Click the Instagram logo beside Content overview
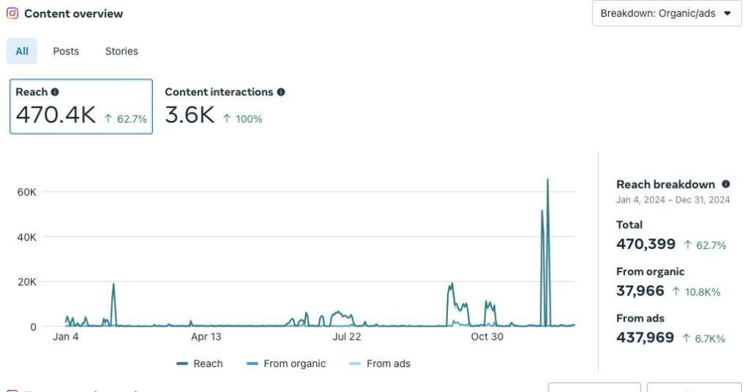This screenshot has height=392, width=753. click(x=13, y=13)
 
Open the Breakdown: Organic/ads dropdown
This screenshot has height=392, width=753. click(x=666, y=13)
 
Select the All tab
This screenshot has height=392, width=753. click(x=22, y=51)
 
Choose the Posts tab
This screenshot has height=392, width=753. click(x=66, y=51)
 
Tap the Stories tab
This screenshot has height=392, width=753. click(x=121, y=51)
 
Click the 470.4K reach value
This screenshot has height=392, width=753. click(x=56, y=115)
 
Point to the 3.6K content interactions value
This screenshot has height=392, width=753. click(x=190, y=115)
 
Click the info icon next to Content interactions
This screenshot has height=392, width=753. click(x=281, y=92)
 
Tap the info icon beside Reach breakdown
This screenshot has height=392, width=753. click(x=726, y=184)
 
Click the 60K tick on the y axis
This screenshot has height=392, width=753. click(x=27, y=192)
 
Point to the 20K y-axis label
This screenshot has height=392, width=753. click(x=27, y=282)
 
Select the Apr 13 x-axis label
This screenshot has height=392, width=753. click(x=206, y=337)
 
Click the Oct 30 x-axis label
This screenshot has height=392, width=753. click(x=487, y=337)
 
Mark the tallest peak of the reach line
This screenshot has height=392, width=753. click(x=547, y=180)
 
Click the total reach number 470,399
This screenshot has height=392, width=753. click(x=646, y=244)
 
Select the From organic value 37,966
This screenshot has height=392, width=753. click(x=640, y=291)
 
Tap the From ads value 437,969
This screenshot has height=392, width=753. click(x=645, y=338)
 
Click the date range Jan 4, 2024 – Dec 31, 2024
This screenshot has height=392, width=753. click(x=673, y=200)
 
